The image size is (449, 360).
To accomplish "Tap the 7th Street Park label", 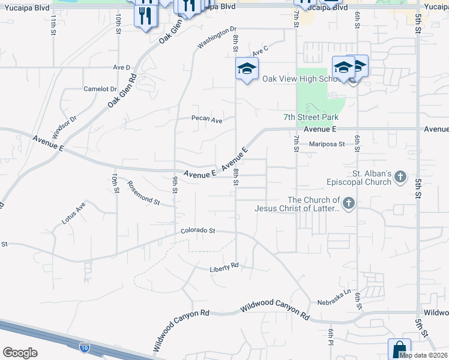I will (x=311, y=118).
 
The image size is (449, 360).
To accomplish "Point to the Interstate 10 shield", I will (x=84, y=347).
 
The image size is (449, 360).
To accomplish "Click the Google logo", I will (x=20, y=353).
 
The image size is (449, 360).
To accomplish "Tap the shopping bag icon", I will (x=399, y=349).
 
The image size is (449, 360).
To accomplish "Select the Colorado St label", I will (x=198, y=230).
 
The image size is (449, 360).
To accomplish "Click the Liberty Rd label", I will (x=224, y=266).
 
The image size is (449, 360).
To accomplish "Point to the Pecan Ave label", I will (x=206, y=119).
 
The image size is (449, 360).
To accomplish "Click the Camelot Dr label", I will (x=100, y=89).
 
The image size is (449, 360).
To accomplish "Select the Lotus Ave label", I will (x=74, y=213).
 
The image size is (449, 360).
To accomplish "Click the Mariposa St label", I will (x=327, y=144).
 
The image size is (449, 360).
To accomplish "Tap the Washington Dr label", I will (x=217, y=38).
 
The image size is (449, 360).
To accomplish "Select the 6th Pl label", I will (x=331, y=333).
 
